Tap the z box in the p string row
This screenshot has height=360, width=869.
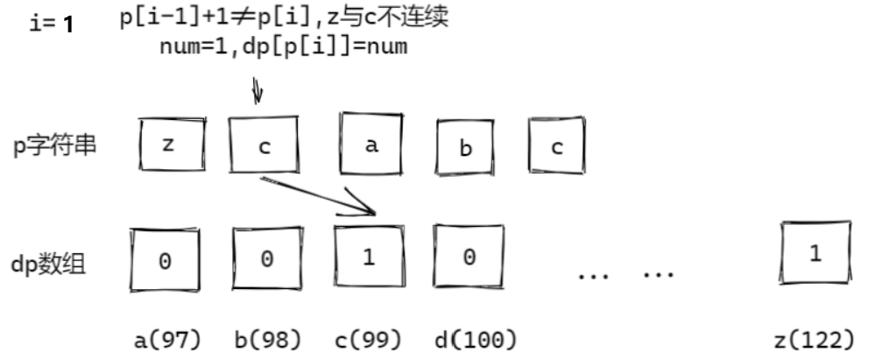click(171, 145)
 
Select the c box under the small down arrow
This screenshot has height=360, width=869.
click(264, 145)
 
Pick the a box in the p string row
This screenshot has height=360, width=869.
click(371, 145)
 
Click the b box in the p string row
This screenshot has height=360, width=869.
click(466, 147)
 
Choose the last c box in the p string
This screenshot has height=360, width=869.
click(556, 145)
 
